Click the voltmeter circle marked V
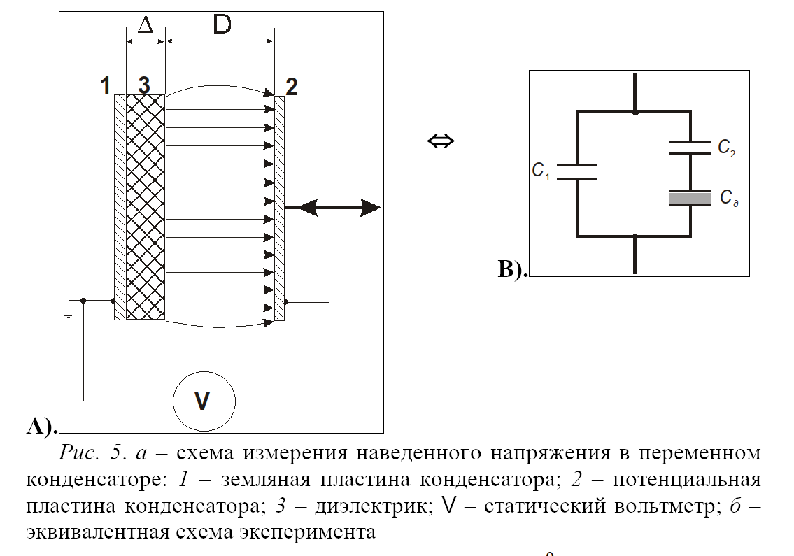pos(204,401)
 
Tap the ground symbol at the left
pos(68,311)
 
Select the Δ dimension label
pos(146,25)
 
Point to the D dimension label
pos(222,24)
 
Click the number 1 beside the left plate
pos(105,86)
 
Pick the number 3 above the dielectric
pos(143,86)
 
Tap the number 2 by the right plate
pos(292,87)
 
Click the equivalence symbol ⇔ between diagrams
pos(441,141)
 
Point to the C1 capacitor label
pos(541,170)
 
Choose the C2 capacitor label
pos(725,148)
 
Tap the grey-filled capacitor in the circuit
pos(690,199)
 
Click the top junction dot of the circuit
pos(635,111)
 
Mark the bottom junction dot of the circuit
pos(635,236)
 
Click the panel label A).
pos(41,425)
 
